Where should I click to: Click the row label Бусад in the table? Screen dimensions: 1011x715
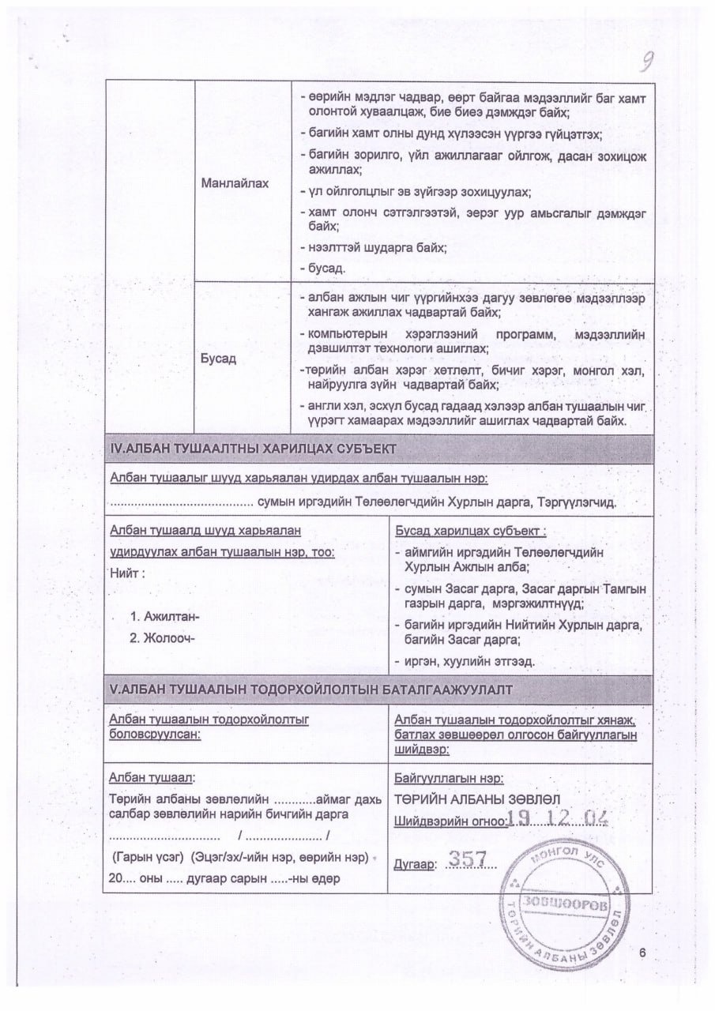219,357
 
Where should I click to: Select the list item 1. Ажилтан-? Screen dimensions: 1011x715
165,616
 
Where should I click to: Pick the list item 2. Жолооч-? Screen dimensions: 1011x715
162,638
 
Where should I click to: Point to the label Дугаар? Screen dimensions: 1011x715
414,865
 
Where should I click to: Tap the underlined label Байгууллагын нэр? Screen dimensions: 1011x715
448,778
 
